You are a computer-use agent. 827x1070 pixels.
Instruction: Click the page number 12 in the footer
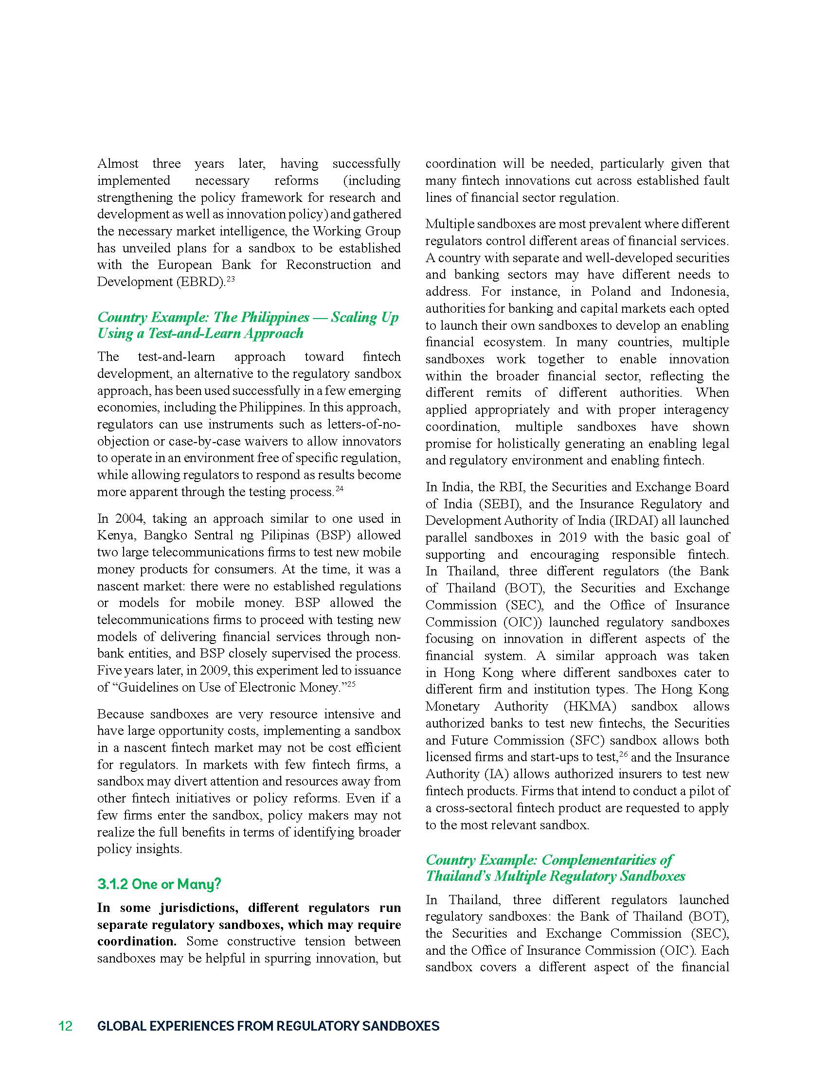coord(66,1026)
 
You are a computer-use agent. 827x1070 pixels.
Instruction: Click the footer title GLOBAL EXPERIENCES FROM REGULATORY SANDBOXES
coord(268,1026)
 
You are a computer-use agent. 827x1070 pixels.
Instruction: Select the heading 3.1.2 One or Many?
coord(159,884)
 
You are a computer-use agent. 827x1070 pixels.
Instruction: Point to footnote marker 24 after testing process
coord(340,488)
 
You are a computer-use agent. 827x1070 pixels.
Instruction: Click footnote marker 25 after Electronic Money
coord(351,684)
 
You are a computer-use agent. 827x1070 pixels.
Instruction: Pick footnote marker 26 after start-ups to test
coord(623,754)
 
